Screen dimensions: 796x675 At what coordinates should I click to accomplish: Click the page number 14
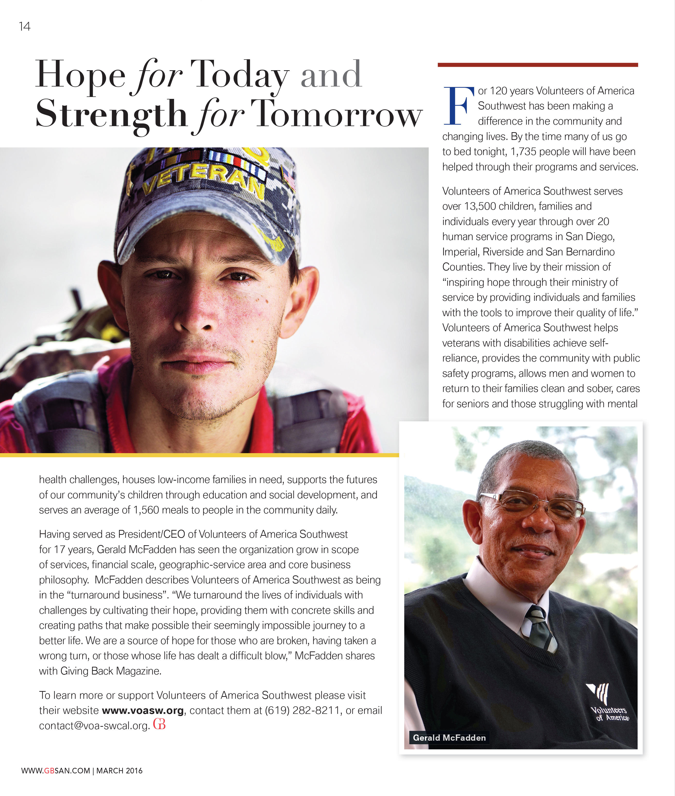pyautogui.click(x=25, y=26)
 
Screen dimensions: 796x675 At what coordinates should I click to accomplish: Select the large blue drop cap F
pyautogui.click(x=458, y=106)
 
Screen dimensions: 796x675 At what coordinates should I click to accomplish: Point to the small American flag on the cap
pyautogui.click(x=289, y=177)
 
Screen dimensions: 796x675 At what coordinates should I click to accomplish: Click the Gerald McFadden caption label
pyautogui.click(x=449, y=737)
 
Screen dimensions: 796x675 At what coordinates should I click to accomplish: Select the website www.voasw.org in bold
pyautogui.click(x=143, y=710)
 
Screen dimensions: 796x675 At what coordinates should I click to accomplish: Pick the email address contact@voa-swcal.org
pyautogui.click(x=94, y=726)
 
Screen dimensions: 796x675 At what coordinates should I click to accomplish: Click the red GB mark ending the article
pyautogui.click(x=159, y=724)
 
